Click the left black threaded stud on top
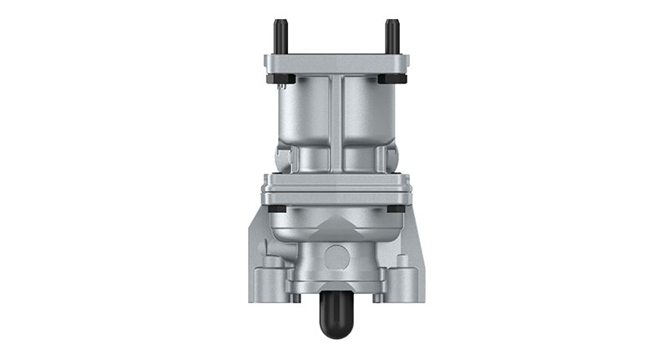pos(279,37)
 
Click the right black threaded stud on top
pos(390,37)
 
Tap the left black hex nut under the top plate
pos(279,80)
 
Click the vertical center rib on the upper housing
pos(335,121)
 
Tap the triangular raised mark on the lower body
pos(335,224)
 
